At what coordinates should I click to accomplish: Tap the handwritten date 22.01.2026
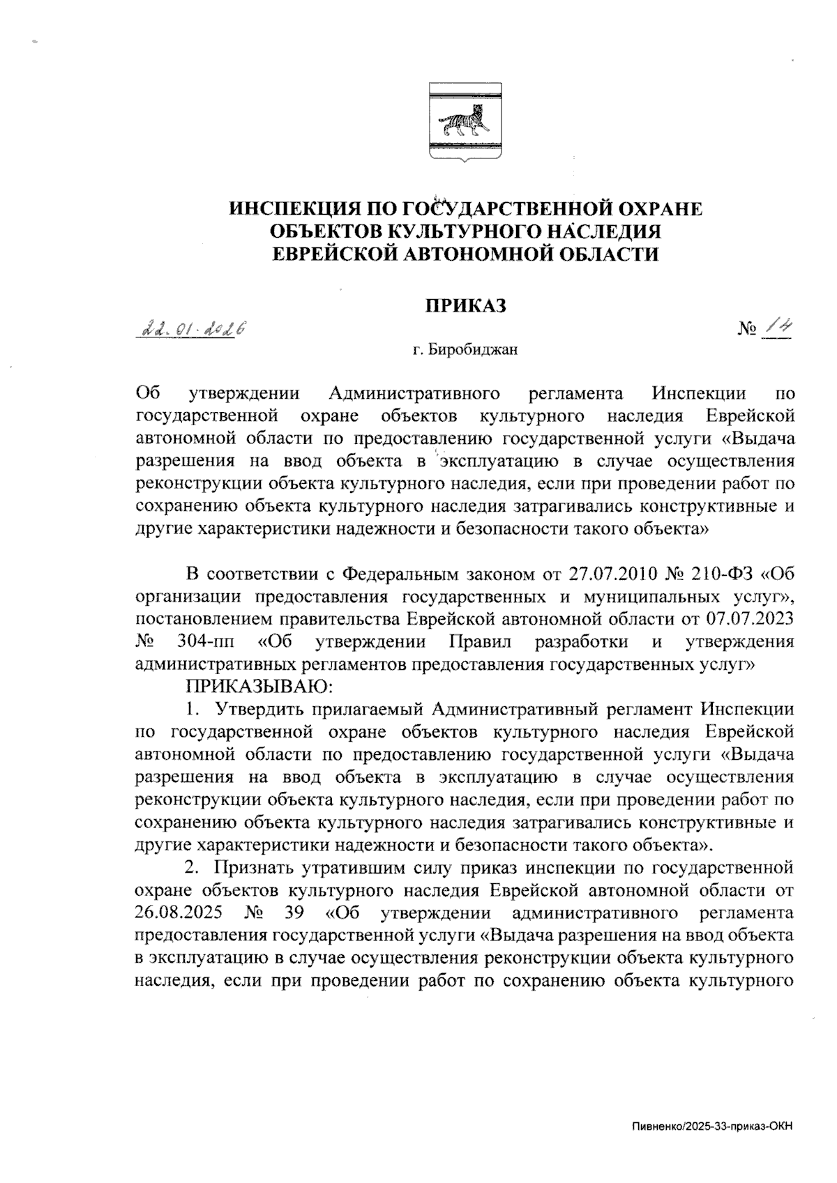[193, 329]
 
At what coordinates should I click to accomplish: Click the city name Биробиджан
[473, 350]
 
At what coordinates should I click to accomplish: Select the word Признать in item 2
[254, 868]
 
